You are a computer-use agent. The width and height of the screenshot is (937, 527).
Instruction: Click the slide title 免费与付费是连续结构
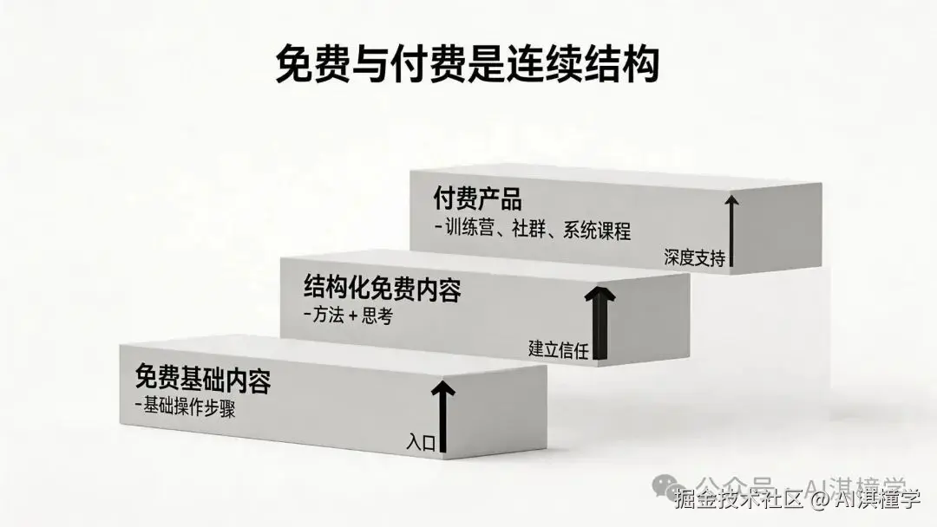(x=468, y=65)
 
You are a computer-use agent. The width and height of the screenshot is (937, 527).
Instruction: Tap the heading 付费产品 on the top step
(x=477, y=199)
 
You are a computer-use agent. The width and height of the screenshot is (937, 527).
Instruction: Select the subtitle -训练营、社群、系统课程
(x=533, y=231)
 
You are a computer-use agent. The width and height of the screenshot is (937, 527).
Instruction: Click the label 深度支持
(x=694, y=257)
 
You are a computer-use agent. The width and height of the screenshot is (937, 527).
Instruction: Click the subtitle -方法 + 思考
(x=349, y=317)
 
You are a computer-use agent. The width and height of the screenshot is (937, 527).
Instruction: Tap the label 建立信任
(x=559, y=349)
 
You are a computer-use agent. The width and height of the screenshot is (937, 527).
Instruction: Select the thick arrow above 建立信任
(x=599, y=319)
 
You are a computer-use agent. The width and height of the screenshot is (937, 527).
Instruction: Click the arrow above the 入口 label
(x=442, y=413)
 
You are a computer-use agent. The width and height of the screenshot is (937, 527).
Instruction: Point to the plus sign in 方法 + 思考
(x=354, y=317)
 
